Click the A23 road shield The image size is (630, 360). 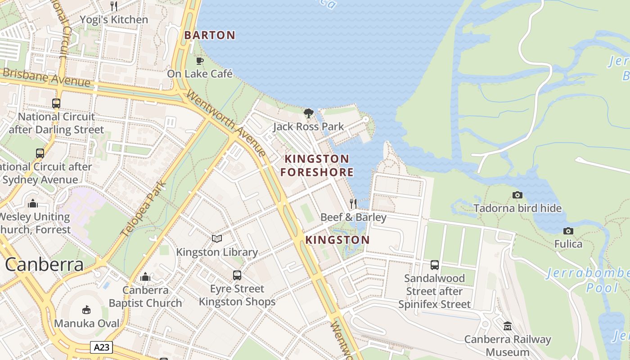101,347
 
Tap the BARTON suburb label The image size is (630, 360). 210,35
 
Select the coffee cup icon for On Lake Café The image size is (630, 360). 200,61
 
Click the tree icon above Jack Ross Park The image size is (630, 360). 308,113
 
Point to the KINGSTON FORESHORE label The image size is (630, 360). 317,165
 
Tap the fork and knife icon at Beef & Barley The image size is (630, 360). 353,204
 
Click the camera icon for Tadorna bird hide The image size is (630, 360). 517,195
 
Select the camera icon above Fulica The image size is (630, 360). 568,231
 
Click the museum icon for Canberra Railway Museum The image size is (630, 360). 508,326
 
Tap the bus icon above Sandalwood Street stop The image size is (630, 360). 434,265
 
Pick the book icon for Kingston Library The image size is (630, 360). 217,238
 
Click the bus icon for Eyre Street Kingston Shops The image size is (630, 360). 237,275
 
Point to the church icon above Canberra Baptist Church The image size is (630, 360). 145,277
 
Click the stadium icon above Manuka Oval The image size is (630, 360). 86,310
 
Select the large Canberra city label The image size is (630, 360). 44,265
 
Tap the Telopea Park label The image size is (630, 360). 144,209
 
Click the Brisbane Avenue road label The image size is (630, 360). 46,78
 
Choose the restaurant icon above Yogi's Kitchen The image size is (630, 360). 114,6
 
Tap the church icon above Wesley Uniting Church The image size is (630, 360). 32,203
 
